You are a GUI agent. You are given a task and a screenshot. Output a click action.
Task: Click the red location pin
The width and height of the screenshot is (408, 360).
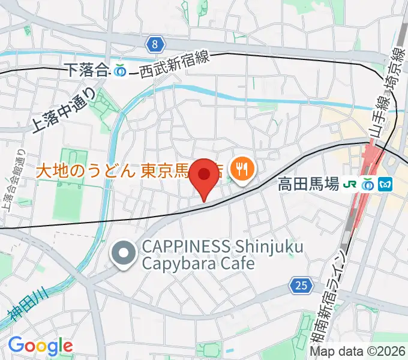click(205, 176)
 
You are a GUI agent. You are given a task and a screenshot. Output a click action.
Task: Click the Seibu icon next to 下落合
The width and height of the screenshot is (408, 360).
click(120, 70)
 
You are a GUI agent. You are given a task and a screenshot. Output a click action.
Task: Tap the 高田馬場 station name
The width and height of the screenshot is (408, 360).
click(308, 184)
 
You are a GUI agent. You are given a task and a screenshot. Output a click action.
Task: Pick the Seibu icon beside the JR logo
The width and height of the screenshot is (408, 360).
click(367, 184)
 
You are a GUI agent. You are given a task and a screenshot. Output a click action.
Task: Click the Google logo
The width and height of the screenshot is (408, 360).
click(40, 345)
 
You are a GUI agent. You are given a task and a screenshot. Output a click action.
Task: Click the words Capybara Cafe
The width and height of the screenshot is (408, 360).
click(190, 263)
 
